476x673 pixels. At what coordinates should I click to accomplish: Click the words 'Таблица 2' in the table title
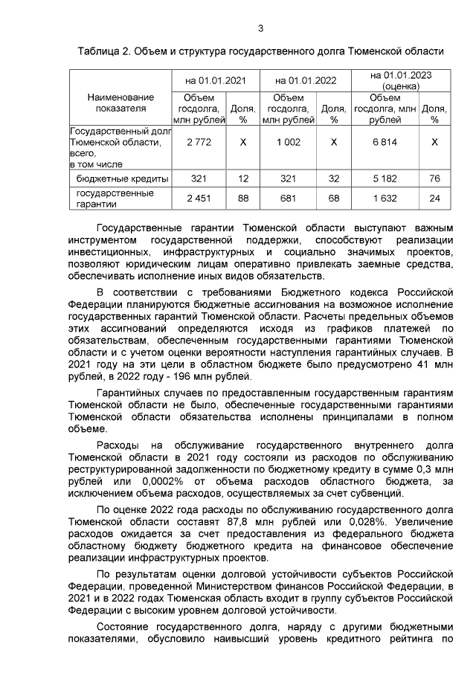coord(104,51)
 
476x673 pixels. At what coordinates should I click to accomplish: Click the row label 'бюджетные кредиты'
coord(123,178)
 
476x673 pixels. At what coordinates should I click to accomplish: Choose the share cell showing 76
coord(434,178)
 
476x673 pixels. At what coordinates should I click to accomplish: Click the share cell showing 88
coord(242,198)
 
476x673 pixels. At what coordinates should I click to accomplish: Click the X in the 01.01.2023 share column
coord(434,141)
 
